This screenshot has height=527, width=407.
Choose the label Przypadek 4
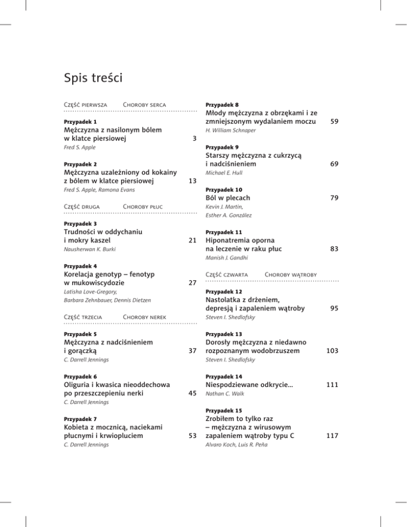[80, 266]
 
